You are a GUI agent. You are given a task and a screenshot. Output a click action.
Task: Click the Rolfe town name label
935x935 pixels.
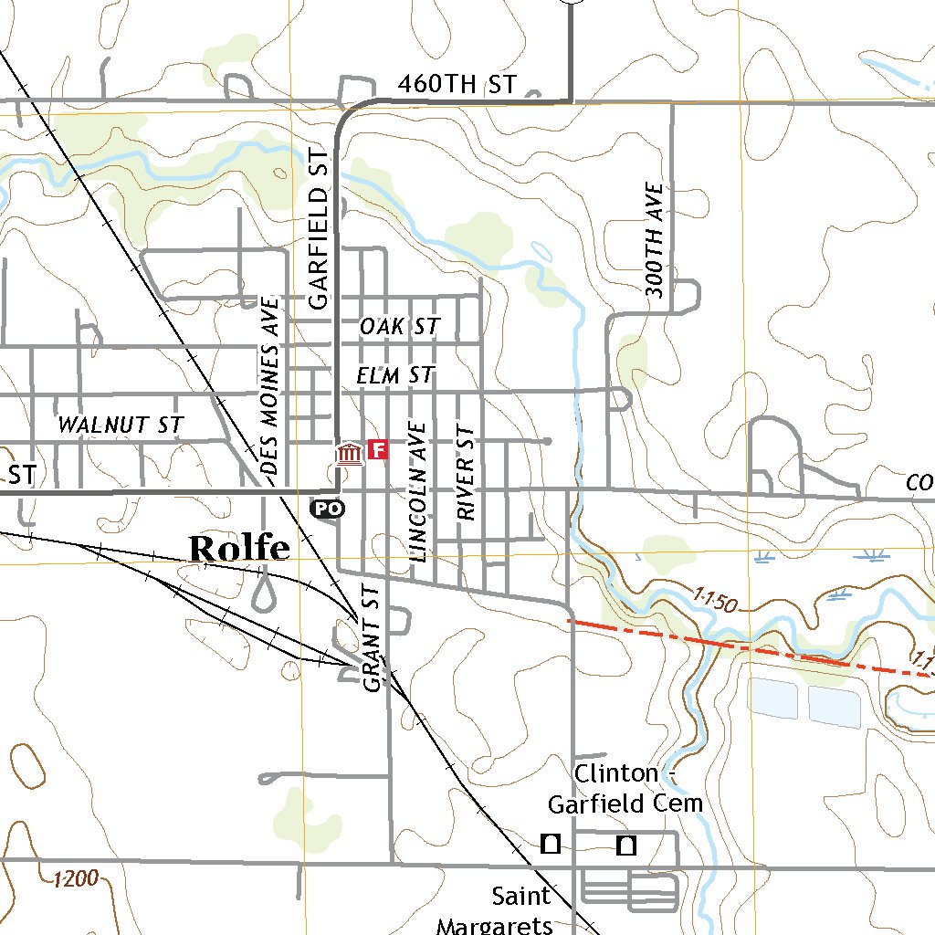tap(239, 548)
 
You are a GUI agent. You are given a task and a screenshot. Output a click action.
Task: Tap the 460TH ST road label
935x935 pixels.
tap(457, 85)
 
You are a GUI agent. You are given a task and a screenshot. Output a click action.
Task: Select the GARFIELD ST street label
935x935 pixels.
tap(317, 234)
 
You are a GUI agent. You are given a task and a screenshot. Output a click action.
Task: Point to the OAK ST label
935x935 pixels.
tap(399, 326)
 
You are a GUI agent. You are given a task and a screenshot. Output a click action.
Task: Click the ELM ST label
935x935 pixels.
tap(395, 374)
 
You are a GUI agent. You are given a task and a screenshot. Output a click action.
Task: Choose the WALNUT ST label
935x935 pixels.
tap(121, 425)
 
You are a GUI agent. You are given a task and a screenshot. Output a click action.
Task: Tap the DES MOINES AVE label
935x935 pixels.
tap(269, 385)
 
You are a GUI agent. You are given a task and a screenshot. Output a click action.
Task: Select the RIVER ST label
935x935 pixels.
tap(467, 473)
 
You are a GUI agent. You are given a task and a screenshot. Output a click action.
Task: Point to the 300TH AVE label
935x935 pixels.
tap(656, 239)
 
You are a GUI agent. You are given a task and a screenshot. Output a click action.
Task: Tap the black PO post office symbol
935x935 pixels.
tap(328, 508)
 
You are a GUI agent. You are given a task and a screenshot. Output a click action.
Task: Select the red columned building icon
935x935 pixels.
tap(348, 452)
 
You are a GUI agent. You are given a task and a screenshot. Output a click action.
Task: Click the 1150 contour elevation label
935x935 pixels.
tap(714, 600)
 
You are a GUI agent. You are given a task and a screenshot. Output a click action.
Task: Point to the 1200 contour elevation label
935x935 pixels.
tap(75, 879)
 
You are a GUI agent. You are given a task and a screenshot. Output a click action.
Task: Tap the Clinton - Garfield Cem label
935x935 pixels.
tap(625, 788)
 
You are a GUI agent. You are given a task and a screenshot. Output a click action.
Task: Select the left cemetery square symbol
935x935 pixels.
tap(551, 844)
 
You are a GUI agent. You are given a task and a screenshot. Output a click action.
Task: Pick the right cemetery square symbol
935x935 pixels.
tap(625, 846)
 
